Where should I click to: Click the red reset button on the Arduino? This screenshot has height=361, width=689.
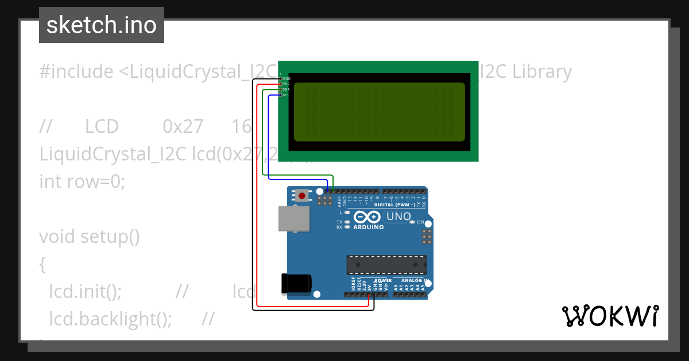302,195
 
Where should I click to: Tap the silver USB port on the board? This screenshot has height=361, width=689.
294,218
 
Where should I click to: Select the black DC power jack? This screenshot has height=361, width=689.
296,284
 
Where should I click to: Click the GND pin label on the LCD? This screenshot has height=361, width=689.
286,78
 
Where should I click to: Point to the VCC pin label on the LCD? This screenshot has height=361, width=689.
286,84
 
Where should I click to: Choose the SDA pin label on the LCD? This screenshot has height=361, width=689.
286,89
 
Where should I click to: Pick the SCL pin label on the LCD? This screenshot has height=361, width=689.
286,95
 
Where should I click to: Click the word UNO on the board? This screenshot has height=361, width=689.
398,217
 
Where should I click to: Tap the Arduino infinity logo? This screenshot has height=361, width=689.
367,217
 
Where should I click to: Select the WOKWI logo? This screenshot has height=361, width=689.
610,316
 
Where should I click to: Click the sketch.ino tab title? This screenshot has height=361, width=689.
102,25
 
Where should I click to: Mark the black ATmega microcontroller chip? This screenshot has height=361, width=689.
386,265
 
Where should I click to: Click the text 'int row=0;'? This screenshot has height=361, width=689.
82,182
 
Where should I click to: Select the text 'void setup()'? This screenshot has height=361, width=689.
90,236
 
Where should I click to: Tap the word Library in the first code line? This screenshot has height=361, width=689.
542,72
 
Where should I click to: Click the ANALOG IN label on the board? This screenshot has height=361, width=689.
415,281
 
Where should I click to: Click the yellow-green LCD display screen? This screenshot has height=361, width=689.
377,112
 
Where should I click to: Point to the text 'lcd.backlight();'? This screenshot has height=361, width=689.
111,319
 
